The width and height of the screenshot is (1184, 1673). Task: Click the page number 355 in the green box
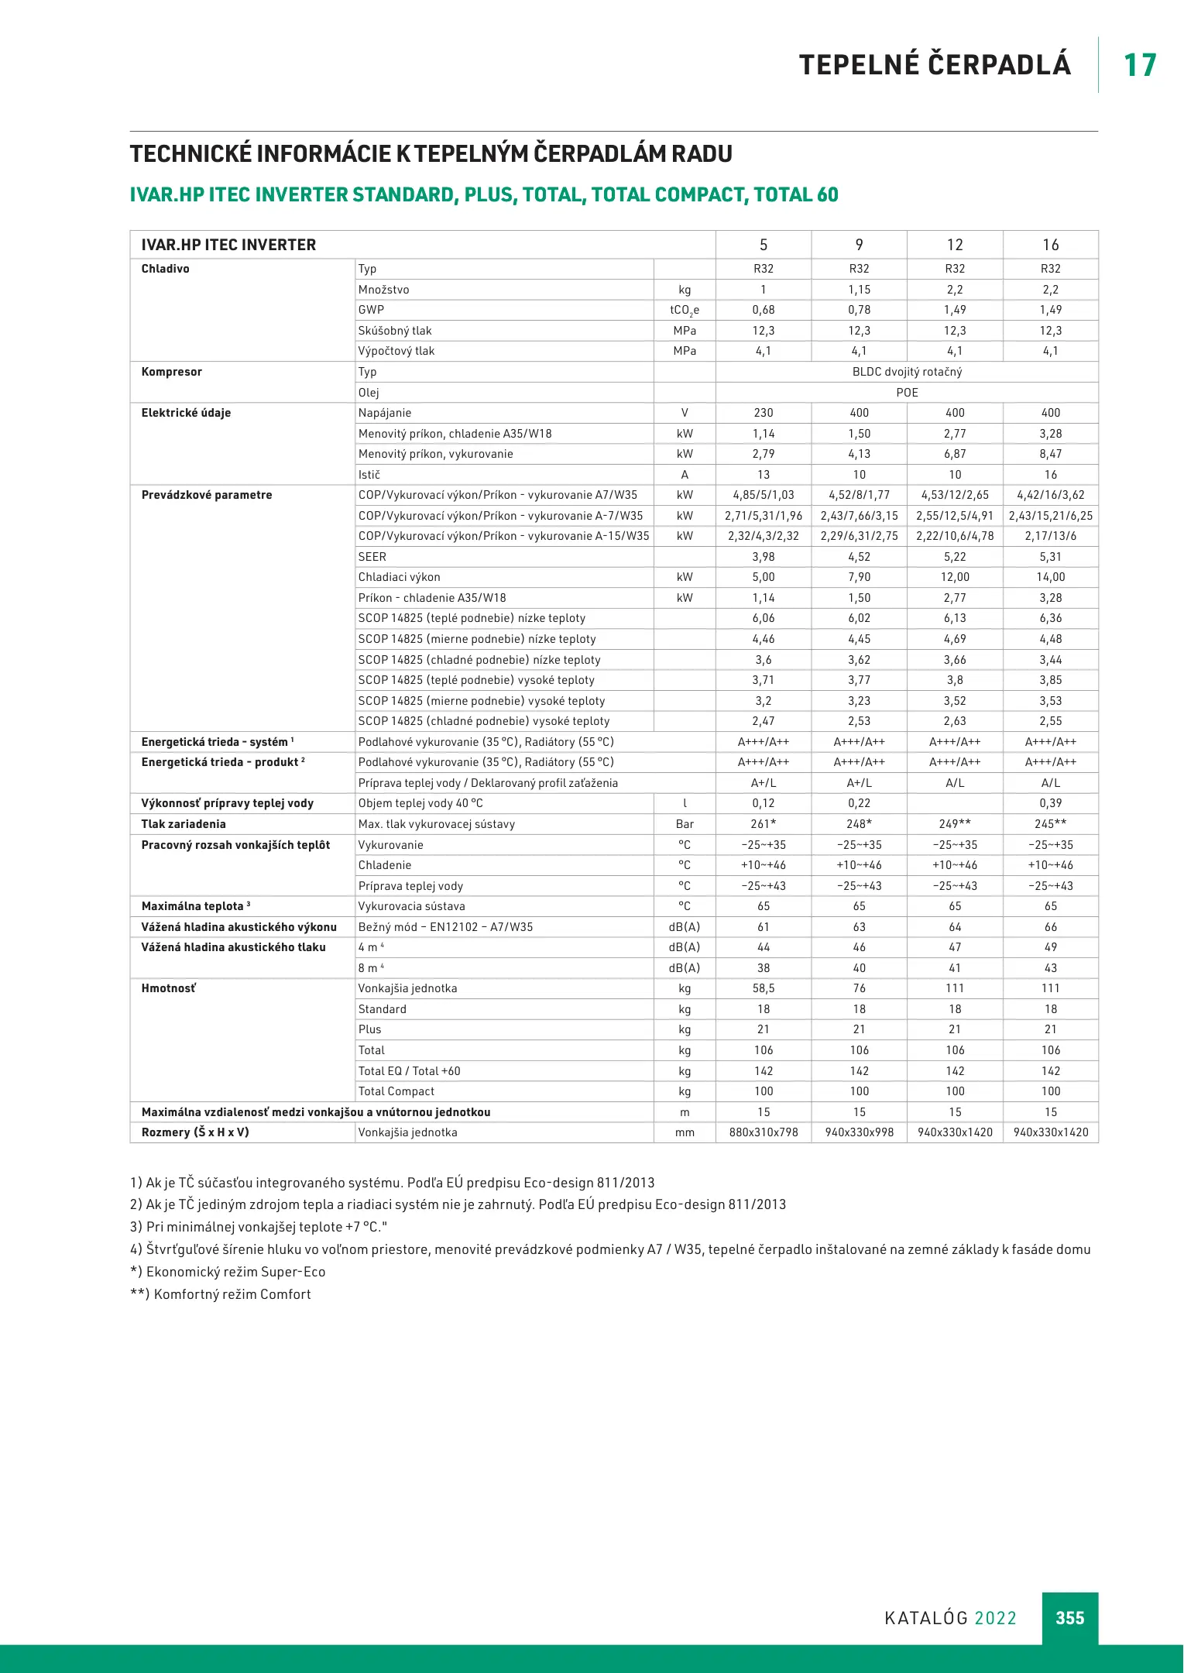[1069, 1618]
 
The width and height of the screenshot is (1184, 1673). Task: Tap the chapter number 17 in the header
[1140, 65]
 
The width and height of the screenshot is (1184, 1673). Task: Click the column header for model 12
[955, 245]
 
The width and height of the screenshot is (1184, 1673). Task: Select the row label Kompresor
[172, 372]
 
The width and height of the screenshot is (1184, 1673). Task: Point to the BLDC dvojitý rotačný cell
[907, 372]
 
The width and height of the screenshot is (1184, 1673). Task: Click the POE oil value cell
[907, 393]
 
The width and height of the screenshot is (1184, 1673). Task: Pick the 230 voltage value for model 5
[764, 413]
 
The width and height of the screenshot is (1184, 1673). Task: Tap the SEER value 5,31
[1050, 557]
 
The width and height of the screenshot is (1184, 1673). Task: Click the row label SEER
[372, 557]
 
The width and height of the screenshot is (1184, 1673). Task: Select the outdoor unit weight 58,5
[764, 988]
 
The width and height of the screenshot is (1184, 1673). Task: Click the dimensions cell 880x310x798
[764, 1132]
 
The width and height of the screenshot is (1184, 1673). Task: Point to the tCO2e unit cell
[685, 310]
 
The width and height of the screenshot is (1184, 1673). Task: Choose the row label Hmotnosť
[169, 988]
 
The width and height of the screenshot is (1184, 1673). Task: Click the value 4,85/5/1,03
[764, 495]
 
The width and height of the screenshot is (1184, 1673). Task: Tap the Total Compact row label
[396, 1091]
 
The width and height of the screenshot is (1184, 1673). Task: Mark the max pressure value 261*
[764, 824]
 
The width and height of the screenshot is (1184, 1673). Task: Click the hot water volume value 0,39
[1050, 803]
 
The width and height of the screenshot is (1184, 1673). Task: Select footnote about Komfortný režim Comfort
[221, 1294]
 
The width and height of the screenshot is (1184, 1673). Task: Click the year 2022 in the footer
[995, 1618]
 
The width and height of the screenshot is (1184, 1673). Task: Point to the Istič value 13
[764, 475]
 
